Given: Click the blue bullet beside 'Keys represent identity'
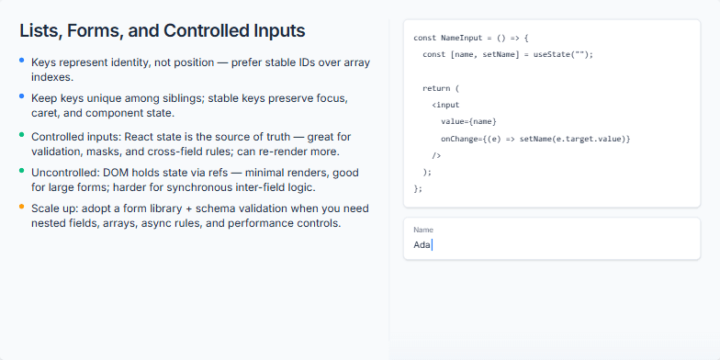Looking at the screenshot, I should pos(22,61).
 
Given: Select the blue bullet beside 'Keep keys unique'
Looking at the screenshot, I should pos(22,96).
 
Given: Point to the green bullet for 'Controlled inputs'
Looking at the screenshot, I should pos(22,136).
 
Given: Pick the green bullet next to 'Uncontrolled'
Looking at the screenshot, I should pos(22,171).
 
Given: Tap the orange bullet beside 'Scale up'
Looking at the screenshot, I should pos(22,207).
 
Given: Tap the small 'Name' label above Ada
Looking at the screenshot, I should pos(423,230).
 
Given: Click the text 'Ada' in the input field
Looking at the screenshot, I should pos(422,244).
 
